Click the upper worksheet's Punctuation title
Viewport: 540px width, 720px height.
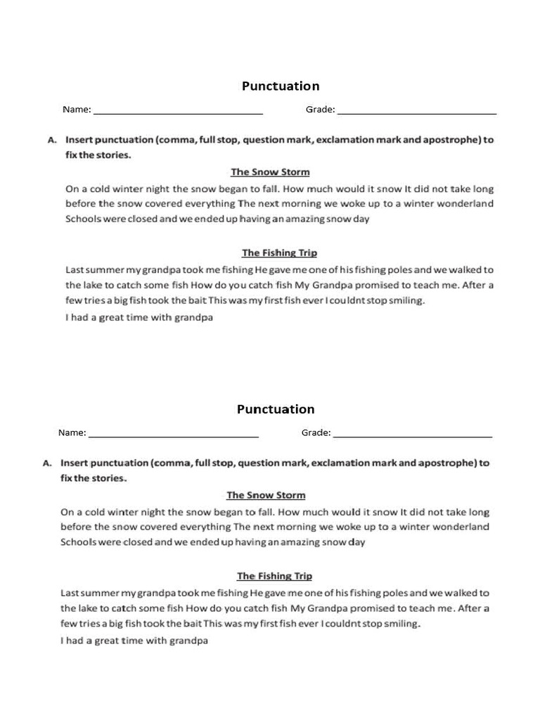click(x=281, y=86)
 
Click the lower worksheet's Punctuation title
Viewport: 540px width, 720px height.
click(x=276, y=409)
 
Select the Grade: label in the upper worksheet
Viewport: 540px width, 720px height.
click(x=320, y=110)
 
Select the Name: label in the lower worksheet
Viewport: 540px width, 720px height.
click(x=72, y=433)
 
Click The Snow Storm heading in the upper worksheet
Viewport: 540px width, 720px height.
click(x=270, y=172)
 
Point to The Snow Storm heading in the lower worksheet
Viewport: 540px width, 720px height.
click(x=266, y=495)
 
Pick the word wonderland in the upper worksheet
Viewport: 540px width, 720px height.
click(x=467, y=204)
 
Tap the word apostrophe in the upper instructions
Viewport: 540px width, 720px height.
click(x=454, y=140)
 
